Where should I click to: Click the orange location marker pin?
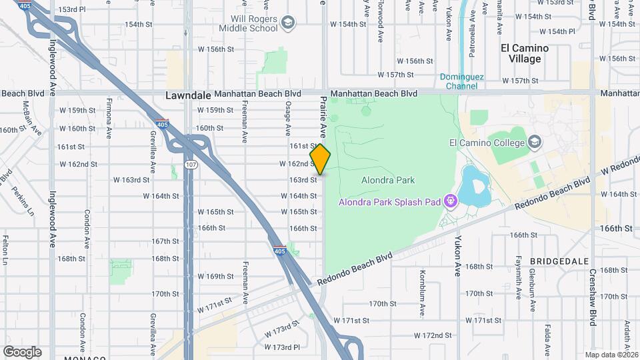click(x=321, y=160)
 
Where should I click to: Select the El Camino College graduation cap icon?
click(x=535, y=142)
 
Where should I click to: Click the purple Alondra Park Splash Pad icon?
click(x=450, y=201)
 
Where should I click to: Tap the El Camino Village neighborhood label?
click(x=525, y=53)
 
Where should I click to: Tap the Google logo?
click(x=22, y=351)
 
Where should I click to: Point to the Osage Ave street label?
click(x=288, y=120)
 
